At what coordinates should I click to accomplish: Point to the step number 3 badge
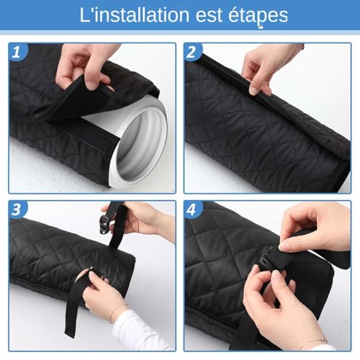tap(17, 210)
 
